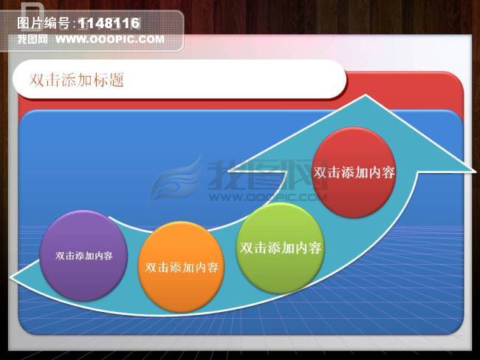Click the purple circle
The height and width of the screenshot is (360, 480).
(x=83, y=255)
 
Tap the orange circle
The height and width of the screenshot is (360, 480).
(x=181, y=266)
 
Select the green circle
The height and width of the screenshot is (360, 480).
(x=281, y=248)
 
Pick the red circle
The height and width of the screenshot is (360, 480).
(x=354, y=172)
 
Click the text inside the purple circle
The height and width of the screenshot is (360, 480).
(x=83, y=256)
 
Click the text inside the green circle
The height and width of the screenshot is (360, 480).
(x=281, y=248)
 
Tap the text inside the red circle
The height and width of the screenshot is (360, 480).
(x=354, y=172)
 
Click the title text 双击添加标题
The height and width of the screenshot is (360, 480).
(x=76, y=80)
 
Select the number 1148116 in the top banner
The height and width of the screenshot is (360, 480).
(x=109, y=24)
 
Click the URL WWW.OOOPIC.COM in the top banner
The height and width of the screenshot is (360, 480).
(x=110, y=38)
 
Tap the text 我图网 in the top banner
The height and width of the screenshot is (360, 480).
(x=32, y=38)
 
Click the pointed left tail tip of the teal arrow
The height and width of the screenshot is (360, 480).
(x=11, y=279)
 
